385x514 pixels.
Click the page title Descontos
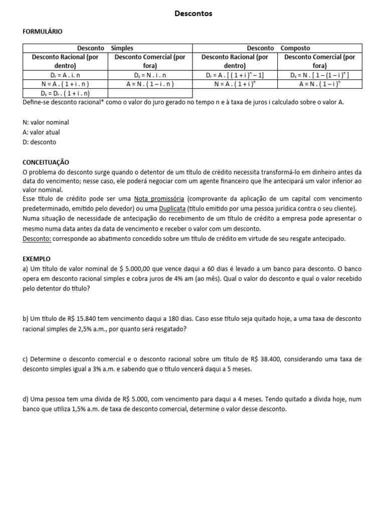click(193, 14)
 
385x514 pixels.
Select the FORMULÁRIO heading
click(43, 31)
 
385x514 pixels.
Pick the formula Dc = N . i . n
click(150, 75)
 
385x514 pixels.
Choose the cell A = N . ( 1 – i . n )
click(150, 84)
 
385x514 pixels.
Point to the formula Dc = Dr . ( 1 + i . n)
click(65, 93)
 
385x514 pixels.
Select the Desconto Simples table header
click(107, 48)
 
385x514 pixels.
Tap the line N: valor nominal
click(46, 122)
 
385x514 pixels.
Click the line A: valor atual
click(42, 133)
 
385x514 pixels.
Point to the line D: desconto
click(40, 143)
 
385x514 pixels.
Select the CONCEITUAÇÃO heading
click(46, 163)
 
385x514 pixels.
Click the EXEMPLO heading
click(37, 260)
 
